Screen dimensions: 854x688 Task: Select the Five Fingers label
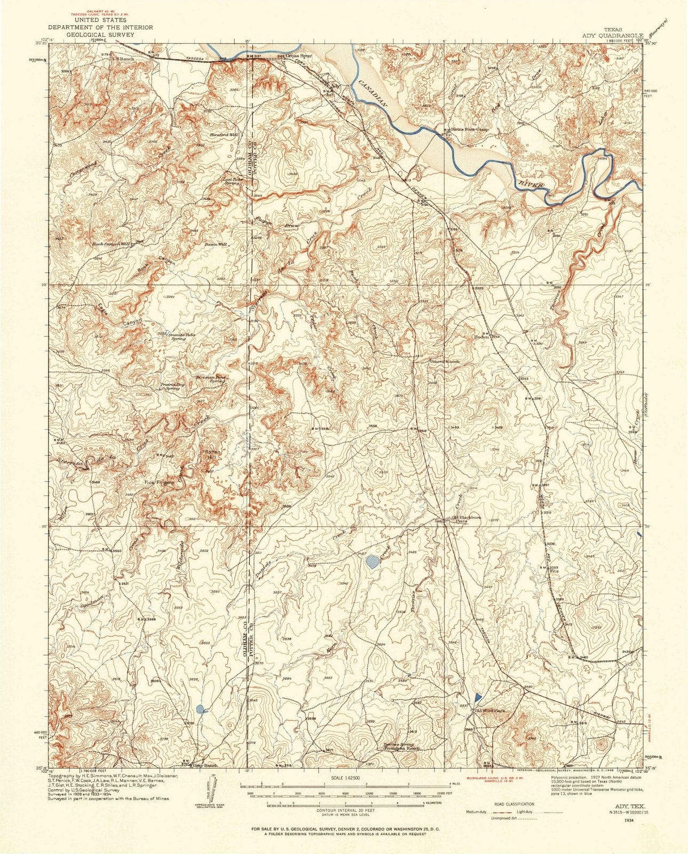pyautogui.click(x=156, y=483)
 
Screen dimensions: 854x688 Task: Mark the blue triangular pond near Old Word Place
pyautogui.click(x=477, y=697)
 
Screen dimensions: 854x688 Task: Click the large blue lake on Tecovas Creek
pyautogui.click(x=373, y=561)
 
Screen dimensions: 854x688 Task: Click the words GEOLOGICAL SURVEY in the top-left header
pyautogui.click(x=100, y=34)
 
